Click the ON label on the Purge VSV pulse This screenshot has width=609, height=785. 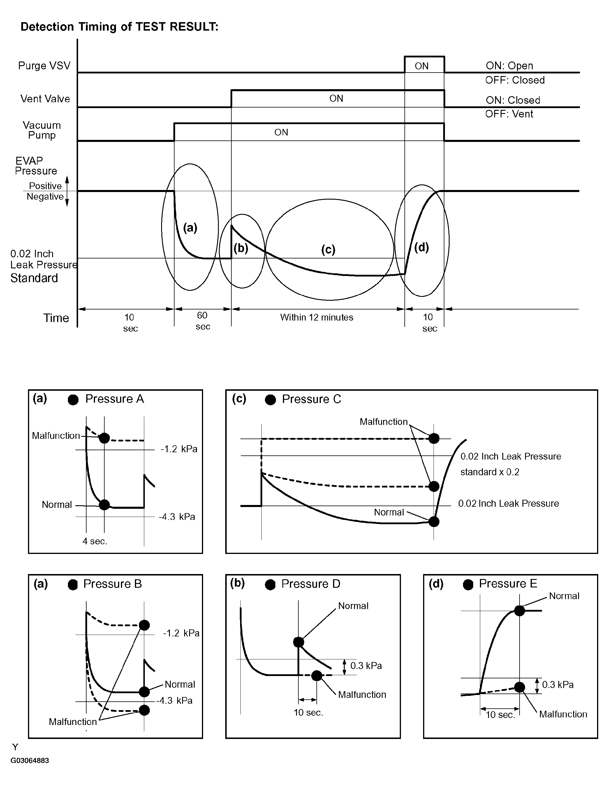[421, 66]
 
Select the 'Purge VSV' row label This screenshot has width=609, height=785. [44, 66]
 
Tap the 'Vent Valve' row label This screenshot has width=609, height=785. [45, 99]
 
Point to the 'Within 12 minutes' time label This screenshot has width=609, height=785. [317, 317]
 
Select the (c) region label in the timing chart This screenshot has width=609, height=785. [328, 249]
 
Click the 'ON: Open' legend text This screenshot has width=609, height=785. [509, 66]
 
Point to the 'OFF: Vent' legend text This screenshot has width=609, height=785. [509, 114]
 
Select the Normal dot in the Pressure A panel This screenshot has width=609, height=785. [104, 505]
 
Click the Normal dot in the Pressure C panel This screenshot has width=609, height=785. [434, 522]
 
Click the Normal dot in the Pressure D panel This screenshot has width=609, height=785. [299, 642]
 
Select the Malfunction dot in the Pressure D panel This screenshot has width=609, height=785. [317, 676]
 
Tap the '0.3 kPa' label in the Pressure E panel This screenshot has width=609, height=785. [558, 685]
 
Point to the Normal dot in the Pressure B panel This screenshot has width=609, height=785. [144, 691]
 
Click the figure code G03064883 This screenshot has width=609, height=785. [30, 761]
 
